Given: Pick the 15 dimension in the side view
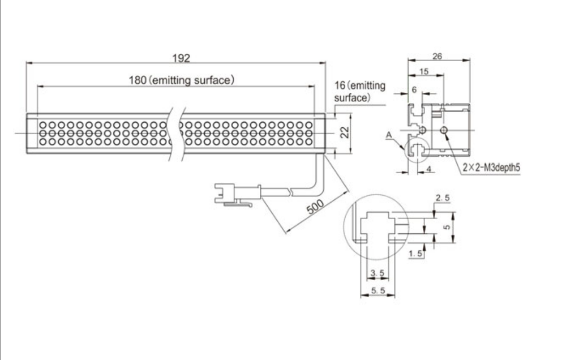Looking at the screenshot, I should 423,72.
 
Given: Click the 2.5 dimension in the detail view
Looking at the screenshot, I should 442,199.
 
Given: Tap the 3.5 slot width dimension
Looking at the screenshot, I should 377,274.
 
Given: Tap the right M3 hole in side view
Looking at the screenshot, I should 445,131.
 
